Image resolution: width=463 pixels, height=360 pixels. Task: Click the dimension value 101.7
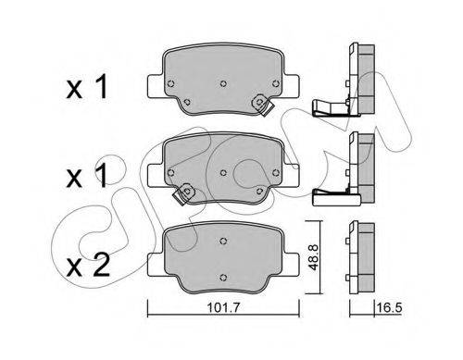click(x=224, y=307)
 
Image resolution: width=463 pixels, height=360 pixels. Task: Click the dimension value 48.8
click(x=314, y=256)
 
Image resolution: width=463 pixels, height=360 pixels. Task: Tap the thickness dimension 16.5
click(x=389, y=307)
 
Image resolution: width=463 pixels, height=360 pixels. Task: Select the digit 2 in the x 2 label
click(x=101, y=265)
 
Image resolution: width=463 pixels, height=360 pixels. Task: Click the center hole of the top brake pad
click(x=223, y=83)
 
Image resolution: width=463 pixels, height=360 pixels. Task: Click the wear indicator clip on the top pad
click(x=262, y=105)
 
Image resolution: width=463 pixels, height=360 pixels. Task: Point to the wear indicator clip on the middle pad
click(x=184, y=193)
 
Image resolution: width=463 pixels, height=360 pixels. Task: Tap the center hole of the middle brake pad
click(x=223, y=173)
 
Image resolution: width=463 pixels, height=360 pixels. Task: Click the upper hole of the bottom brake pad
click(x=223, y=241)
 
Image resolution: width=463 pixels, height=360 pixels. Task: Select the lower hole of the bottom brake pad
click(x=223, y=277)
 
